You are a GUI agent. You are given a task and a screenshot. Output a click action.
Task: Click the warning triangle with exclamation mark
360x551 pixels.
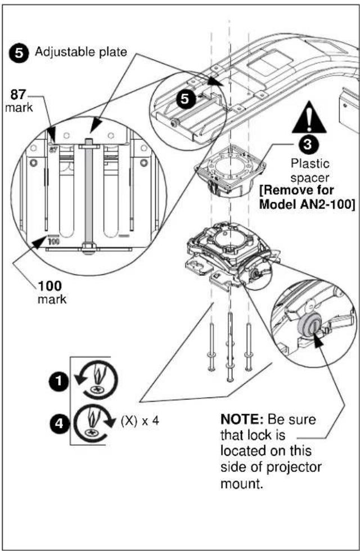(309, 117)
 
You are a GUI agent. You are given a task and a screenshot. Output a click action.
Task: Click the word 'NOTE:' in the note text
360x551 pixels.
(242, 419)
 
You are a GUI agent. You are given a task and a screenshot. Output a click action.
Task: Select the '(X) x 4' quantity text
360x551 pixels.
(140, 420)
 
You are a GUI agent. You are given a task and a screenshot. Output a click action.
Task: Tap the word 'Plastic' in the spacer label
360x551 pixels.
(310, 164)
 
